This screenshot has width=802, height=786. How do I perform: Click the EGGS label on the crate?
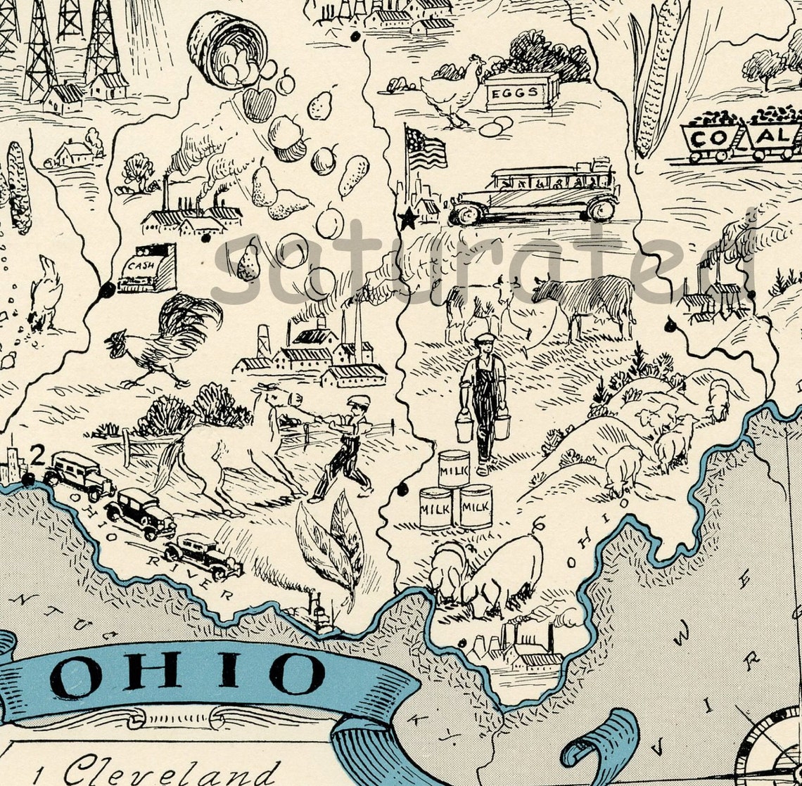click(521, 92)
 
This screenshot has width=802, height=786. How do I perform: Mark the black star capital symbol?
click(407, 220)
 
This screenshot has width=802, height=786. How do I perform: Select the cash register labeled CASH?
click(147, 269)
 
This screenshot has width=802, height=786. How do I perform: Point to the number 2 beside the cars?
click(38, 456)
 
